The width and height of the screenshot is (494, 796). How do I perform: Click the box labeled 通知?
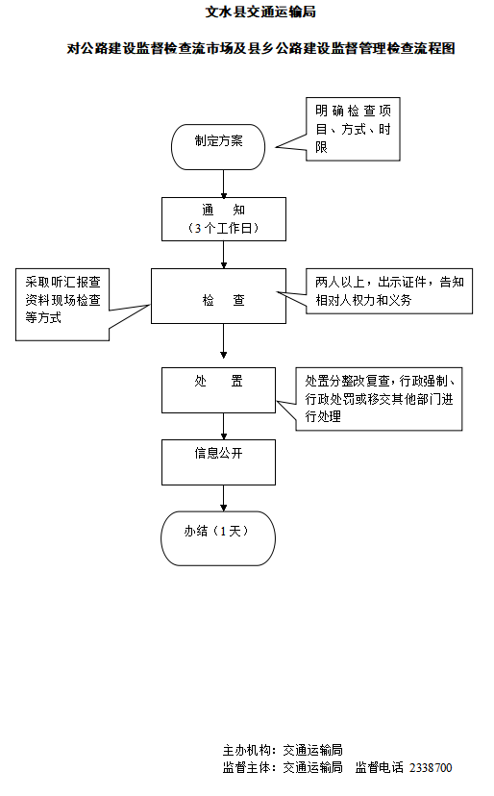(x=223, y=218)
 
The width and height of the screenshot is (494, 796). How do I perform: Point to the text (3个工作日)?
(x=223, y=229)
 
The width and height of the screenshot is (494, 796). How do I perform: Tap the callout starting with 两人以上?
(x=389, y=291)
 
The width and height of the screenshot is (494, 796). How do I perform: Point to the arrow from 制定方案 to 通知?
(x=223, y=184)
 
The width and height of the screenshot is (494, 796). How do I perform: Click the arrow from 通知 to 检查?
(x=223, y=254)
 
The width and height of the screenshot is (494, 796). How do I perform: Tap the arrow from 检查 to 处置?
(x=223, y=341)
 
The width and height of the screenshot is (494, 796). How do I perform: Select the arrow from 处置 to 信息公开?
(x=223, y=425)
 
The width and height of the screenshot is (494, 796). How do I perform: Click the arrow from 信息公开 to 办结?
(x=223, y=497)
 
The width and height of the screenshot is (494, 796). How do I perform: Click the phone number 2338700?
(x=431, y=768)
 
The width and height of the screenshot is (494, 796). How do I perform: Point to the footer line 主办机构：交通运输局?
(x=283, y=750)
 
